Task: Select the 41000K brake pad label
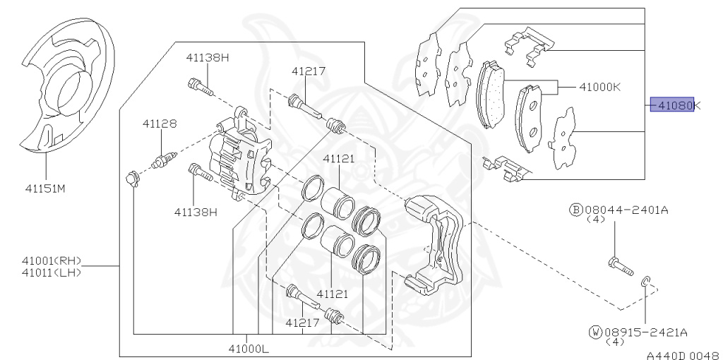(x=599, y=87)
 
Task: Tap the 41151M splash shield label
(x=46, y=188)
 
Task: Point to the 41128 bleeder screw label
(x=159, y=124)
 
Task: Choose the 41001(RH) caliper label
(x=51, y=261)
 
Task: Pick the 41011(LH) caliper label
(x=51, y=272)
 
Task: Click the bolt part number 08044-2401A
(x=626, y=210)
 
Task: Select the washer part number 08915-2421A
(x=645, y=332)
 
